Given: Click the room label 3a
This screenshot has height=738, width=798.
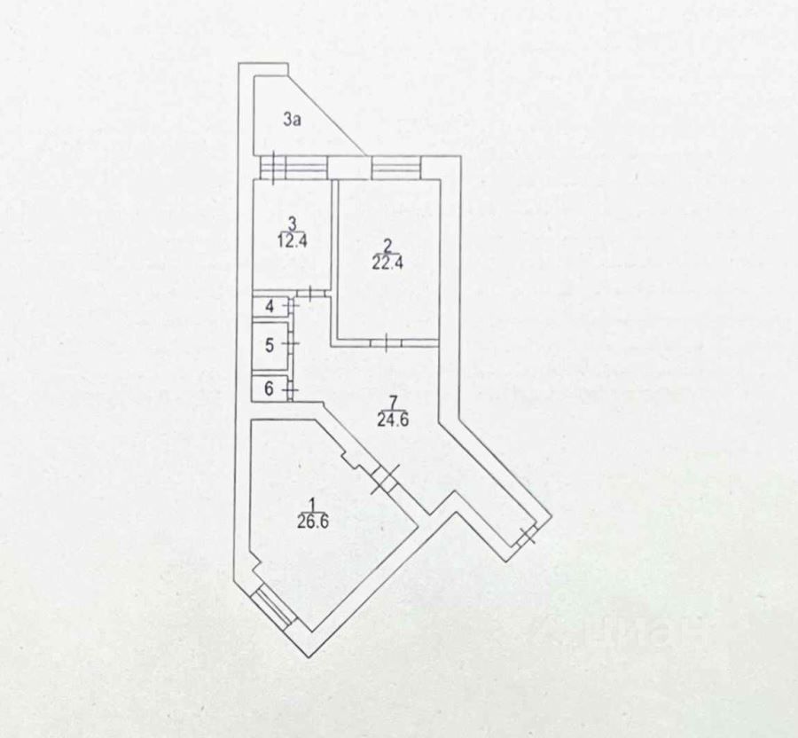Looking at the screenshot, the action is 293,120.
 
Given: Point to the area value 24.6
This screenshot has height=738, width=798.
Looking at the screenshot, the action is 392,420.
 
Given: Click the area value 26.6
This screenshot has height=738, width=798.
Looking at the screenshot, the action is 313,522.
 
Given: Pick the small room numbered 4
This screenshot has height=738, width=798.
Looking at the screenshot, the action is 269,307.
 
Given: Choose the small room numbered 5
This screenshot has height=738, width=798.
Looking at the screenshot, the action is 270,344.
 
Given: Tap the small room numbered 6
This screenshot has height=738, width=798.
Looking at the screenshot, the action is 269,389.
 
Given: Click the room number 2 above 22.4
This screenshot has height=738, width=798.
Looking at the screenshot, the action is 387,245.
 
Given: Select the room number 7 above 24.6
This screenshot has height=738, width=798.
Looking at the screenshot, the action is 391,404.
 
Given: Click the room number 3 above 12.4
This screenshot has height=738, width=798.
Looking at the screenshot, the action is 292,224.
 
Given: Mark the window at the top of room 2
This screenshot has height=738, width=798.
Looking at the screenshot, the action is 395,166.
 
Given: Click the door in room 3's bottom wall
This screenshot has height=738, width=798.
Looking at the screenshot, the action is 309,294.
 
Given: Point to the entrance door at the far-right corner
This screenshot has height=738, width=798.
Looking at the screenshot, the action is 528,535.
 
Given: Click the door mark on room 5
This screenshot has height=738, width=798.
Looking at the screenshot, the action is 292,344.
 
